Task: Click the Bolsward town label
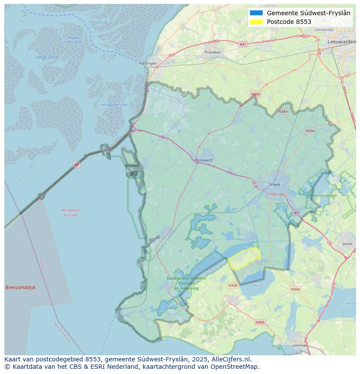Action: point(204,160)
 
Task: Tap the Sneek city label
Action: point(275,184)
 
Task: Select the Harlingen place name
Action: point(148,63)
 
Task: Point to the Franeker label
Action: point(213,52)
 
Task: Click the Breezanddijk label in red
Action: point(20,288)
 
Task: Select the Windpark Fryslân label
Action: point(70,212)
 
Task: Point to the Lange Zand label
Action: point(46,57)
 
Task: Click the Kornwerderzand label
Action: point(114,105)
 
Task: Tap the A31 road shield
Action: point(243,44)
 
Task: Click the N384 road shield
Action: point(283,112)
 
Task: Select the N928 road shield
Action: point(233,285)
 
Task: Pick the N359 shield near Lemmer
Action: point(260,322)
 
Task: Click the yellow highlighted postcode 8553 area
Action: point(244,259)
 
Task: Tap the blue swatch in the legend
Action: point(257,13)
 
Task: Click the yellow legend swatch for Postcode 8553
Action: point(257,22)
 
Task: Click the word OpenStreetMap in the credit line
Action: point(235,367)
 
